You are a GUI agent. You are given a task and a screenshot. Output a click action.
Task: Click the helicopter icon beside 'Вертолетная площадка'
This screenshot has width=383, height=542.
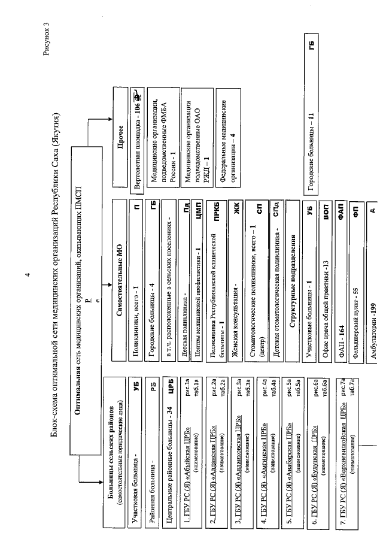(138, 98)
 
